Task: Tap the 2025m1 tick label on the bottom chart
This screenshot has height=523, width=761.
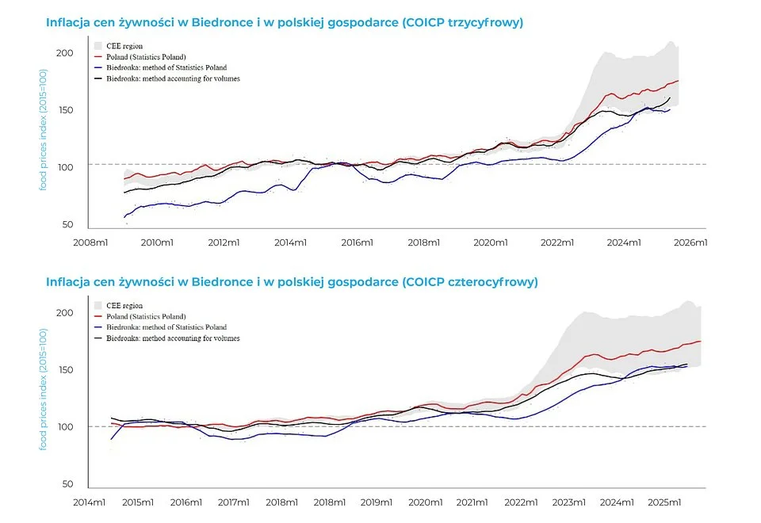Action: point(665,502)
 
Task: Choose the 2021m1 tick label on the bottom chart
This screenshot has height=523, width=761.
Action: point(472,502)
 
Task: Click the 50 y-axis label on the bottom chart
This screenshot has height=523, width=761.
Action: point(68,484)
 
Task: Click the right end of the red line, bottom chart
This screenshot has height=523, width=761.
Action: point(701,342)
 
